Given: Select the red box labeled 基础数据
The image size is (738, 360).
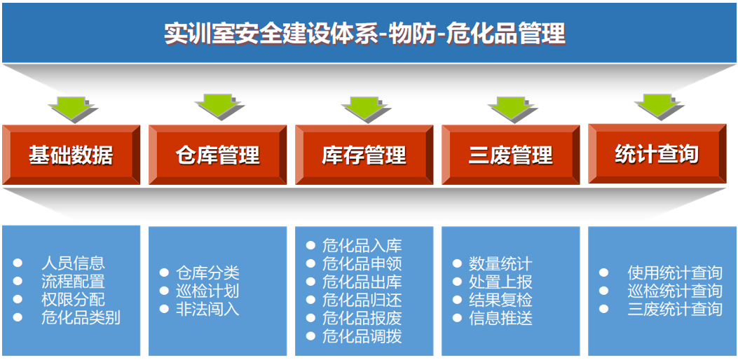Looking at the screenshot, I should (x=71, y=155).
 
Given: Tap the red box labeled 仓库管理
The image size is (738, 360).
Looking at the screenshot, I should (x=217, y=155).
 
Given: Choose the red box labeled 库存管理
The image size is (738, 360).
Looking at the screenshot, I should (x=364, y=155).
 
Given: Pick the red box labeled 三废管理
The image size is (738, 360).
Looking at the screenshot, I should (x=510, y=155).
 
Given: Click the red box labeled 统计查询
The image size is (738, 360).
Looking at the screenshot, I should (x=657, y=153).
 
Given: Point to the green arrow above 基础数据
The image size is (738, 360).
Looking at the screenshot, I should (x=71, y=106).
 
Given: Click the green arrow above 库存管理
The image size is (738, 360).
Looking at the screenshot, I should (x=365, y=107).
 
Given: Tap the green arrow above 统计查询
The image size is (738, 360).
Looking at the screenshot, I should (x=658, y=105).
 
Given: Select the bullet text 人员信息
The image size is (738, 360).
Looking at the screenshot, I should (x=73, y=263).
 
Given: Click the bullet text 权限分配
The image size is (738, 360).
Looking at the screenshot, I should (x=73, y=300).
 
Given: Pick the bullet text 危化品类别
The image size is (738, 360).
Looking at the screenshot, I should (x=81, y=318).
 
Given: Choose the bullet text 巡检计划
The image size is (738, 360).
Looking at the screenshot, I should (x=208, y=291).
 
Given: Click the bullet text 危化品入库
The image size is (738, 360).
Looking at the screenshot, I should (x=362, y=246).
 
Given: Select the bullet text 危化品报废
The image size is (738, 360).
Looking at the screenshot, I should (x=362, y=318).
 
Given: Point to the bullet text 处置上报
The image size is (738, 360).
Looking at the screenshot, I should (x=500, y=282).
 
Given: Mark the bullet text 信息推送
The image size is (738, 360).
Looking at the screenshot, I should (x=500, y=319).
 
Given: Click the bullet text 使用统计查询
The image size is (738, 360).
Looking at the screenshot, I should (x=674, y=273).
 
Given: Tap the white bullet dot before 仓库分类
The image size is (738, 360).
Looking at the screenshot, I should (x=164, y=273).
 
